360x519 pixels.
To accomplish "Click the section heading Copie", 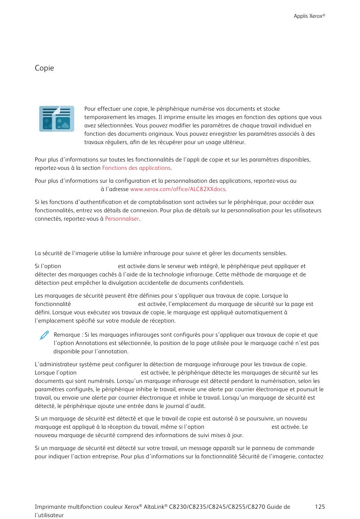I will click(x=44, y=68).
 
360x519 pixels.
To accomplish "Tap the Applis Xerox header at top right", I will click(x=309, y=16).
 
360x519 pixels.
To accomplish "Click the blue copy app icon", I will click(x=56, y=119).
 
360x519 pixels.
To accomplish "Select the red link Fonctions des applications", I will click(x=136, y=168).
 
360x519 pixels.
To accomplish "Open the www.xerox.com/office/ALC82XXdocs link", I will click(x=178, y=189).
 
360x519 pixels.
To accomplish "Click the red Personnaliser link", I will click(x=122, y=219).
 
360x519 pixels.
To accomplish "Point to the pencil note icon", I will click(x=44, y=336).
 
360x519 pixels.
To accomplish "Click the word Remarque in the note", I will click(x=66, y=335).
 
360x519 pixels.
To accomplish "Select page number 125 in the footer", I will click(x=320, y=507).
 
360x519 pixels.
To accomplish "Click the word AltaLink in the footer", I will click(x=154, y=507).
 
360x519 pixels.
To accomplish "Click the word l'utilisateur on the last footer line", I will click(x=49, y=515).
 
